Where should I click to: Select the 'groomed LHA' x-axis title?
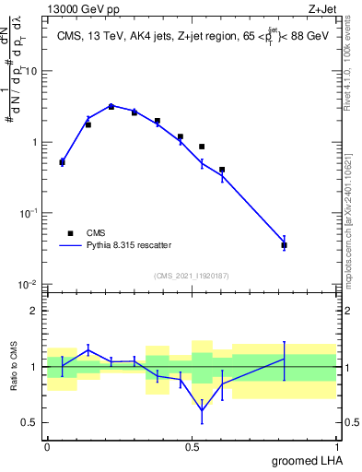click(x=305, y=460)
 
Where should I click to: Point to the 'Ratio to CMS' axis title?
click(x=14, y=366)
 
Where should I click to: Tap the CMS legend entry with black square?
click(x=89, y=233)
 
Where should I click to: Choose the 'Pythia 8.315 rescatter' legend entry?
click(x=128, y=245)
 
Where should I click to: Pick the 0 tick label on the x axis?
click(x=47, y=447)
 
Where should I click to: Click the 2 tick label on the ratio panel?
click(x=33, y=311)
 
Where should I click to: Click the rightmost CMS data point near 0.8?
click(x=285, y=245)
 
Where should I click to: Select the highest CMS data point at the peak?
click(x=111, y=107)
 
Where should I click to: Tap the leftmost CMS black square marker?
click(x=62, y=162)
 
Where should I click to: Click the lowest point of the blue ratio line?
click(x=202, y=410)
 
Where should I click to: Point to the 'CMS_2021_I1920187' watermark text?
click(x=191, y=276)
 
